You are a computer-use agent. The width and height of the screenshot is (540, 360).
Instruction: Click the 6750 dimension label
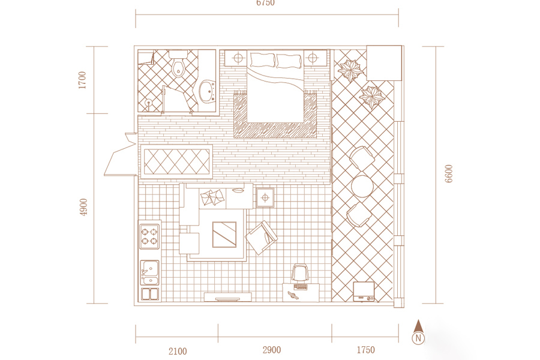tap(265, 3)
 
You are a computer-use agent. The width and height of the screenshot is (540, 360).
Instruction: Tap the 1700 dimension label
tap(82, 80)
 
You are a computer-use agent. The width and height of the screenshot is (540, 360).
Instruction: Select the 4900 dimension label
tap(83, 208)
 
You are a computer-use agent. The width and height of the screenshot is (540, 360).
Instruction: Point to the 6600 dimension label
tap(448, 173)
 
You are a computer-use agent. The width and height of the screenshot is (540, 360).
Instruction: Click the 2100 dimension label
tap(178, 351)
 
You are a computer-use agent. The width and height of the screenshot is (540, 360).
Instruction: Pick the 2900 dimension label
tap(272, 350)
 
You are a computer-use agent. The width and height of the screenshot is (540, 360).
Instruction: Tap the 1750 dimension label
tap(366, 350)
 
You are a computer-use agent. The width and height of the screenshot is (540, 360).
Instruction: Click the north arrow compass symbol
tap(418, 332)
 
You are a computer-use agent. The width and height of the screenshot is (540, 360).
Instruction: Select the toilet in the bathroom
tap(178, 64)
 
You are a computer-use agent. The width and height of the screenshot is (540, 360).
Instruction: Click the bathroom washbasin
tap(208, 91)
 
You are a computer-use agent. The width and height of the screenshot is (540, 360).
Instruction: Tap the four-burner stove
tap(149, 236)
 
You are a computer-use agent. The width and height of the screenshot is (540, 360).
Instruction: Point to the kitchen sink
tap(150, 272)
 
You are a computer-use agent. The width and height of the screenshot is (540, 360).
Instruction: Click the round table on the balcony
tap(362, 187)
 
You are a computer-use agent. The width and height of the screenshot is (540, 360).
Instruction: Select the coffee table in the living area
tap(224, 235)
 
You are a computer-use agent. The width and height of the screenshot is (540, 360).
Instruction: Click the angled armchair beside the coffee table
tap(262, 238)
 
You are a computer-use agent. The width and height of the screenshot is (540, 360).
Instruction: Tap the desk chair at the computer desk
tap(299, 274)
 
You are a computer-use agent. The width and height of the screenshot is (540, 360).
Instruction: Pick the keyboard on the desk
tap(301, 287)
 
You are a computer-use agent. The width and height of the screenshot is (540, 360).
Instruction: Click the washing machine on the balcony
tap(364, 292)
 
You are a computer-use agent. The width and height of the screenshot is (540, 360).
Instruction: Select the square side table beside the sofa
tap(265, 197)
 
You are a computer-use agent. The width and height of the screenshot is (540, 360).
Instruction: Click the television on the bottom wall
tap(227, 296)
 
